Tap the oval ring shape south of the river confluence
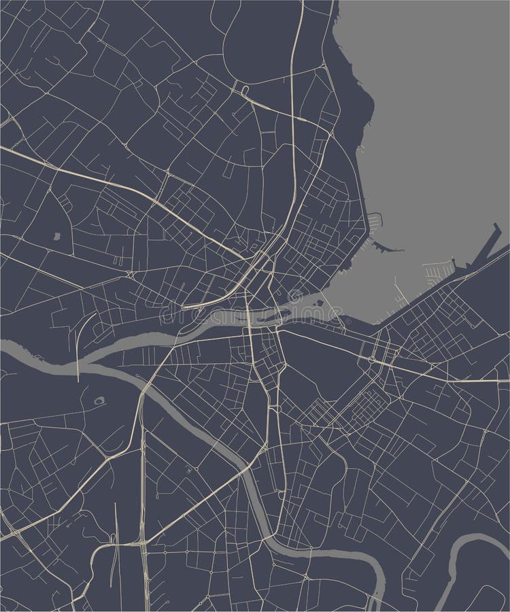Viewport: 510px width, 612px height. tap(101, 401)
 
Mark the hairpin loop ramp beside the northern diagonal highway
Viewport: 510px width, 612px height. tap(244, 89)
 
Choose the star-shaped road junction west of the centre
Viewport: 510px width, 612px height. tap(129, 273)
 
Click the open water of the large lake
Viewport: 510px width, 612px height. tap(435, 136)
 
